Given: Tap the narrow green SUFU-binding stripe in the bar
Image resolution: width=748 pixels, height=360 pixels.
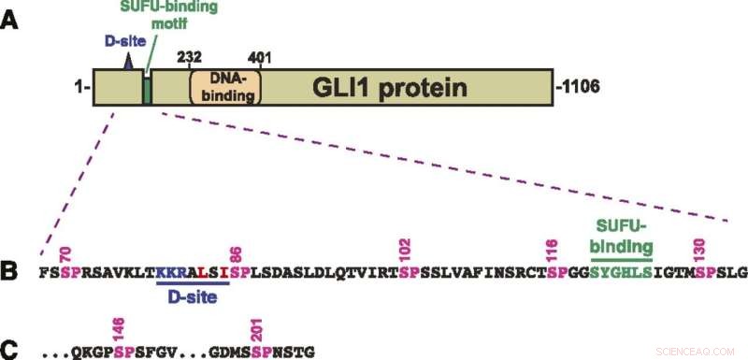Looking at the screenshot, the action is pyautogui.click(x=147, y=90).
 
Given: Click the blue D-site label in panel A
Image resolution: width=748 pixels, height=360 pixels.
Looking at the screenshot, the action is pyautogui.click(x=111, y=44).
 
